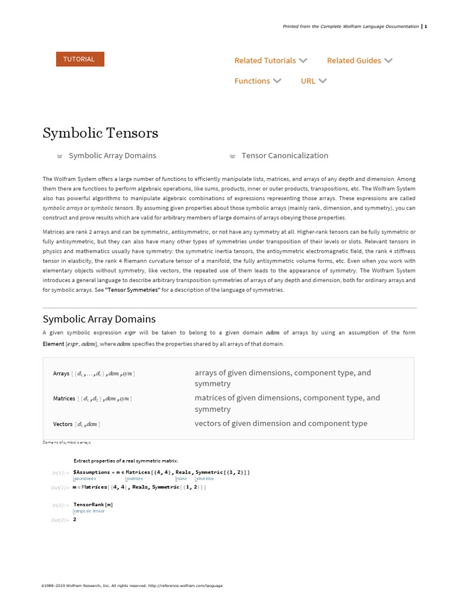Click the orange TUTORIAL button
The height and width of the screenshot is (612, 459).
(x=79, y=59)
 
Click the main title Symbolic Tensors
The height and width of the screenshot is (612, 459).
(x=100, y=133)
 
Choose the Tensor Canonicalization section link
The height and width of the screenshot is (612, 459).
(x=284, y=155)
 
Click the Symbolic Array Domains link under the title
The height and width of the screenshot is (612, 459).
(x=112, y=155)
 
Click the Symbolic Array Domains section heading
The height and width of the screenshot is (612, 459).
(x=99, y=319)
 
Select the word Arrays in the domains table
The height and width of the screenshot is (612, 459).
(x=61, y=374)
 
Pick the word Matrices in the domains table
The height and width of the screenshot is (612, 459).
(x=64, y=399)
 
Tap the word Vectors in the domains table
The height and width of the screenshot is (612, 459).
(x=63, y=424)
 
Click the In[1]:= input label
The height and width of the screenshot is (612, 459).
(x=60, y=472)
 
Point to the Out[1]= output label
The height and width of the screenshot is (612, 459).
(x=60, y=488)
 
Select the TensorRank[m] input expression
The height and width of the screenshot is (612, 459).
(x=93, y=504)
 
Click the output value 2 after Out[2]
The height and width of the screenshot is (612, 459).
(x=75, y=519)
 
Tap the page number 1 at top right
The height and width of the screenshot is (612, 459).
(x=426, y=26)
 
